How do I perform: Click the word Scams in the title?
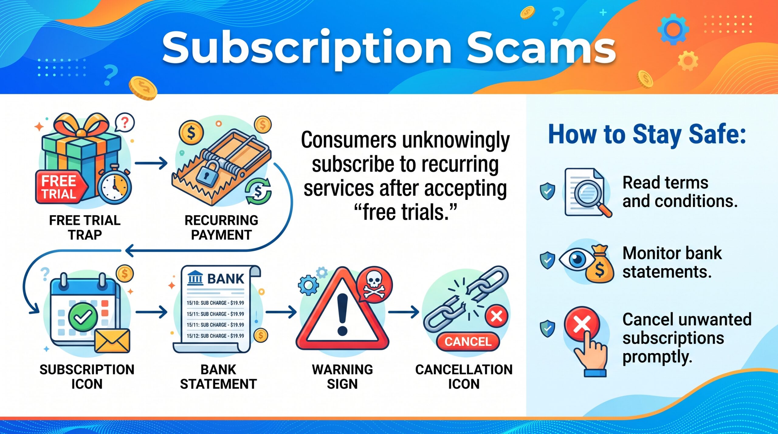[x=541, y=49]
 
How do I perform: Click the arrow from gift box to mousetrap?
[x=151, y=163]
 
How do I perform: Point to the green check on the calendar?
[x=83, y=317]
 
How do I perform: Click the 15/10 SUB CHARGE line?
[x=215, y=303]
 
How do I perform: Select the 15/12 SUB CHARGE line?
[x=215, y=336]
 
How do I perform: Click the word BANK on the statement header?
[x=226, y=279]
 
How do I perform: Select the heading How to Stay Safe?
[x=647, y=135]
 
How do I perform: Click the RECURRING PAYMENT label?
[x=221, y=227]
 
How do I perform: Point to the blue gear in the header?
[x=673, y=29]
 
